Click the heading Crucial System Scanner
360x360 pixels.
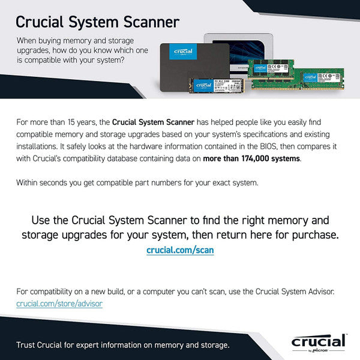tap(97, 22)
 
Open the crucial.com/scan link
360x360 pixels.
tap(180, 250)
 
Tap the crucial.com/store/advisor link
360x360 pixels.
tap(59, 304)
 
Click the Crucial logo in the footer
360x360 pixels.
tap(319, 341)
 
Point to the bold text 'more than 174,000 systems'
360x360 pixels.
tap(252, 158)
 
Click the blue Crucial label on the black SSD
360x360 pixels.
tap(183, 52)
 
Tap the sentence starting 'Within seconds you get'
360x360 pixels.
tap(137, 182)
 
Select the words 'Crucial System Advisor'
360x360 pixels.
tap(295, 292)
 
